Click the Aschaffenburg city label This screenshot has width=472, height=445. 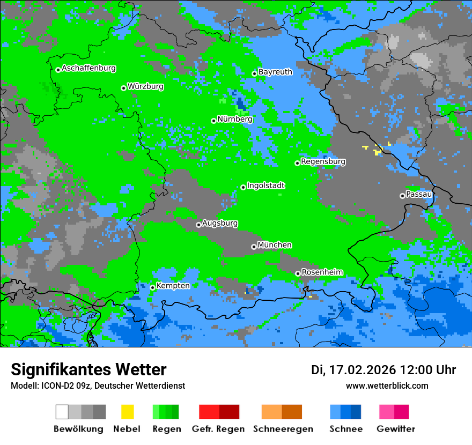(88, 69)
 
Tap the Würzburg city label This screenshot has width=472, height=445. (145, 87)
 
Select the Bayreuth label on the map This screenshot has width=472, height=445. (275, 72)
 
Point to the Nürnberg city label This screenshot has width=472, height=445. (235, 120)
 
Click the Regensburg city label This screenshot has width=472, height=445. (323, 161)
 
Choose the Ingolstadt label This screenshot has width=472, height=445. (265, 186)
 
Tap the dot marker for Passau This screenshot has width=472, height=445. (402, 196)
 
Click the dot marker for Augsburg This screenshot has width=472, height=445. (198, 225)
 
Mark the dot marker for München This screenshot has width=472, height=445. (254, 247)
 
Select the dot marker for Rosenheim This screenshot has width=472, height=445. (298, 273)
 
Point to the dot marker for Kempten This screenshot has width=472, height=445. (152, 287)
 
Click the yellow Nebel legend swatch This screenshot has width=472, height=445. (127, 412)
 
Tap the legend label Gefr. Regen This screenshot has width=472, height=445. (218, 429)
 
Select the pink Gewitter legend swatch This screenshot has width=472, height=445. (387, 412)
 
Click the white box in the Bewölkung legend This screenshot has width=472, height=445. (62, 412)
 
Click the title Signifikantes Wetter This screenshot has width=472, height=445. (88, 370)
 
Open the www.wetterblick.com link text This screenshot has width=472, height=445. (387, 386)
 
